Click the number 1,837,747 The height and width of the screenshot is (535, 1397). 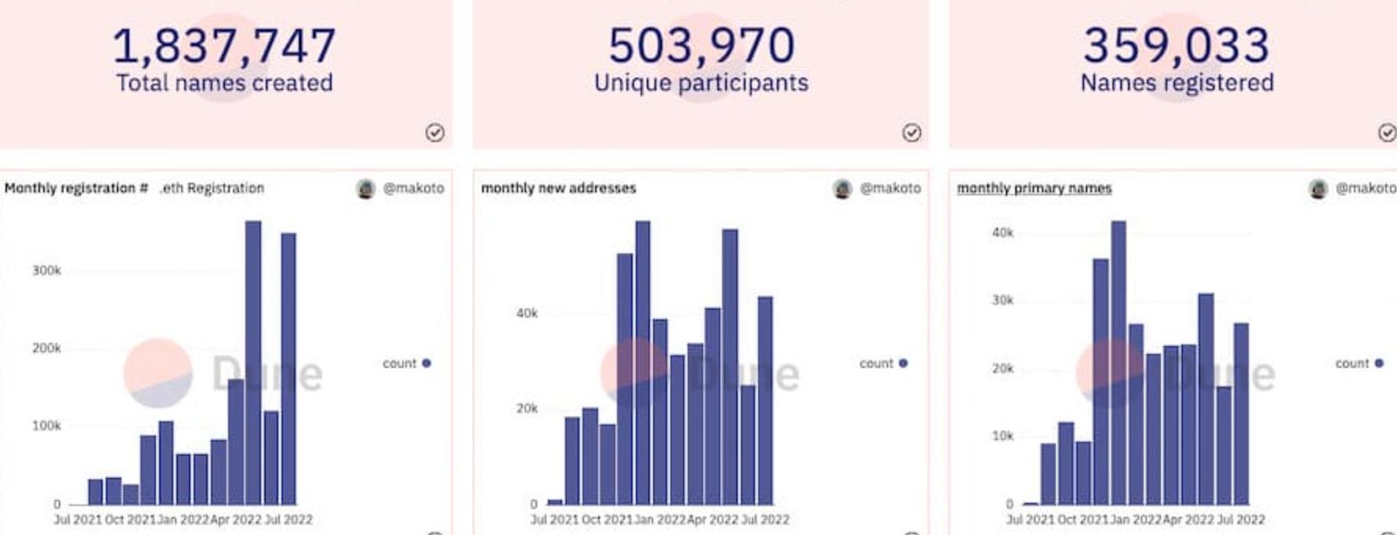point(224,45)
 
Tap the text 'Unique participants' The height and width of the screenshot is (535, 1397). point(701,83)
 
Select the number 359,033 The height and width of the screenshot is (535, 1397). point(1176,45)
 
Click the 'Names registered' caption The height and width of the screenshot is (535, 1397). point(1177,83)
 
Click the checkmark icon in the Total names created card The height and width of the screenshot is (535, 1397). point(435,133)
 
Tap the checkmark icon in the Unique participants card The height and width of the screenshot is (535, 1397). point(911,133)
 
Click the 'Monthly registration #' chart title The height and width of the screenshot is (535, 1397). point(77,188)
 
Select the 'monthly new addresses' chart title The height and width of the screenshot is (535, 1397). point(558,188)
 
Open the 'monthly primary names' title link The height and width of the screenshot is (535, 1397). point(1034,188)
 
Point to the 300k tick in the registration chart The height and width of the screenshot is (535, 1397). point(46,271)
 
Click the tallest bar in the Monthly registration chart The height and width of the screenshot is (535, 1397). point(253,361)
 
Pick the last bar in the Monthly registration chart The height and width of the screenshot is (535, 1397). point(288,369)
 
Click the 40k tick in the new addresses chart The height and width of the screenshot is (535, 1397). point(527,313)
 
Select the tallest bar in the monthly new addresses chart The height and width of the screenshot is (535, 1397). point(643,361)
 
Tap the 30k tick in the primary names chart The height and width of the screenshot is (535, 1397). point(1003,300)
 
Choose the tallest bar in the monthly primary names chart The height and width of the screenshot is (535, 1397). point(1119,361)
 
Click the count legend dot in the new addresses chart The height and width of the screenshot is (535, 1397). point(903,363)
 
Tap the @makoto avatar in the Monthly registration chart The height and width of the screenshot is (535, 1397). point(365,188)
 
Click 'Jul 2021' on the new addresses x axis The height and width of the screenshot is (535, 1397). point(555,519)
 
